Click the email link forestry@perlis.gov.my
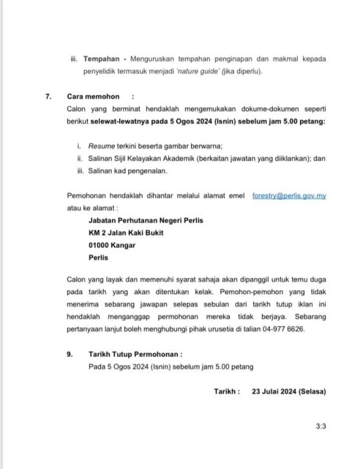[289, 197]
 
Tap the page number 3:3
[321, 426]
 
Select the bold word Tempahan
[101, 59]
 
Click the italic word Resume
[101, 146]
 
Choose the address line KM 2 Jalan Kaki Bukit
[126, 233]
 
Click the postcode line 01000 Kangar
[112, 245]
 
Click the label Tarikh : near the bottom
[227, 391]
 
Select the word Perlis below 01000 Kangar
[98, 257]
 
